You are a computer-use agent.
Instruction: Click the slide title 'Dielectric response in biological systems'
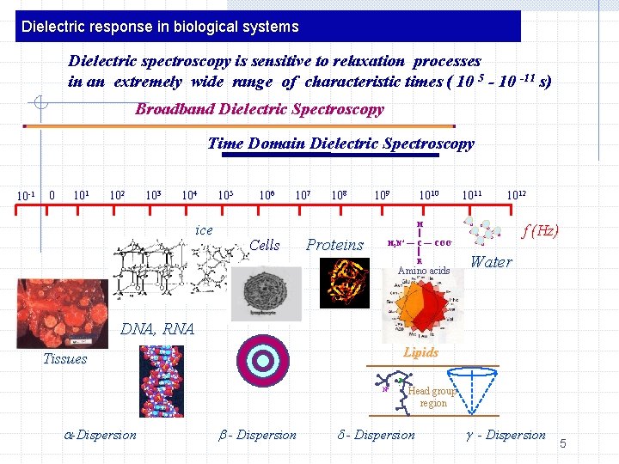pos(160,27)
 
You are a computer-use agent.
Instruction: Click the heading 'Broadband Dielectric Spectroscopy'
pos(259,110)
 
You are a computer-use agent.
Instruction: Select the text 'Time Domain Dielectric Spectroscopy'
pos(340,143)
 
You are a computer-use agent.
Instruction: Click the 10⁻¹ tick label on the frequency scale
pos(26,195)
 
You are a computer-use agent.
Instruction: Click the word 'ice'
pos(204,229)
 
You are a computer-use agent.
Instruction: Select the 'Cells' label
pos(264,245)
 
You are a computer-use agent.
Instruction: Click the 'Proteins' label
pos(335,245)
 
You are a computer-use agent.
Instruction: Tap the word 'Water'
pos(491,262)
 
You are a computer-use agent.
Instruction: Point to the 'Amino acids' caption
pos(423,272)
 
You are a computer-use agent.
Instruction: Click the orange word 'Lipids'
pos(420,352)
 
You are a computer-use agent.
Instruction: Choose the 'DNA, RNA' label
pos(157,329)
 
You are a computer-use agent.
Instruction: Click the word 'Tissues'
pos(65,359)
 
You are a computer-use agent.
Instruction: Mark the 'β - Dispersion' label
pos(258,435)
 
